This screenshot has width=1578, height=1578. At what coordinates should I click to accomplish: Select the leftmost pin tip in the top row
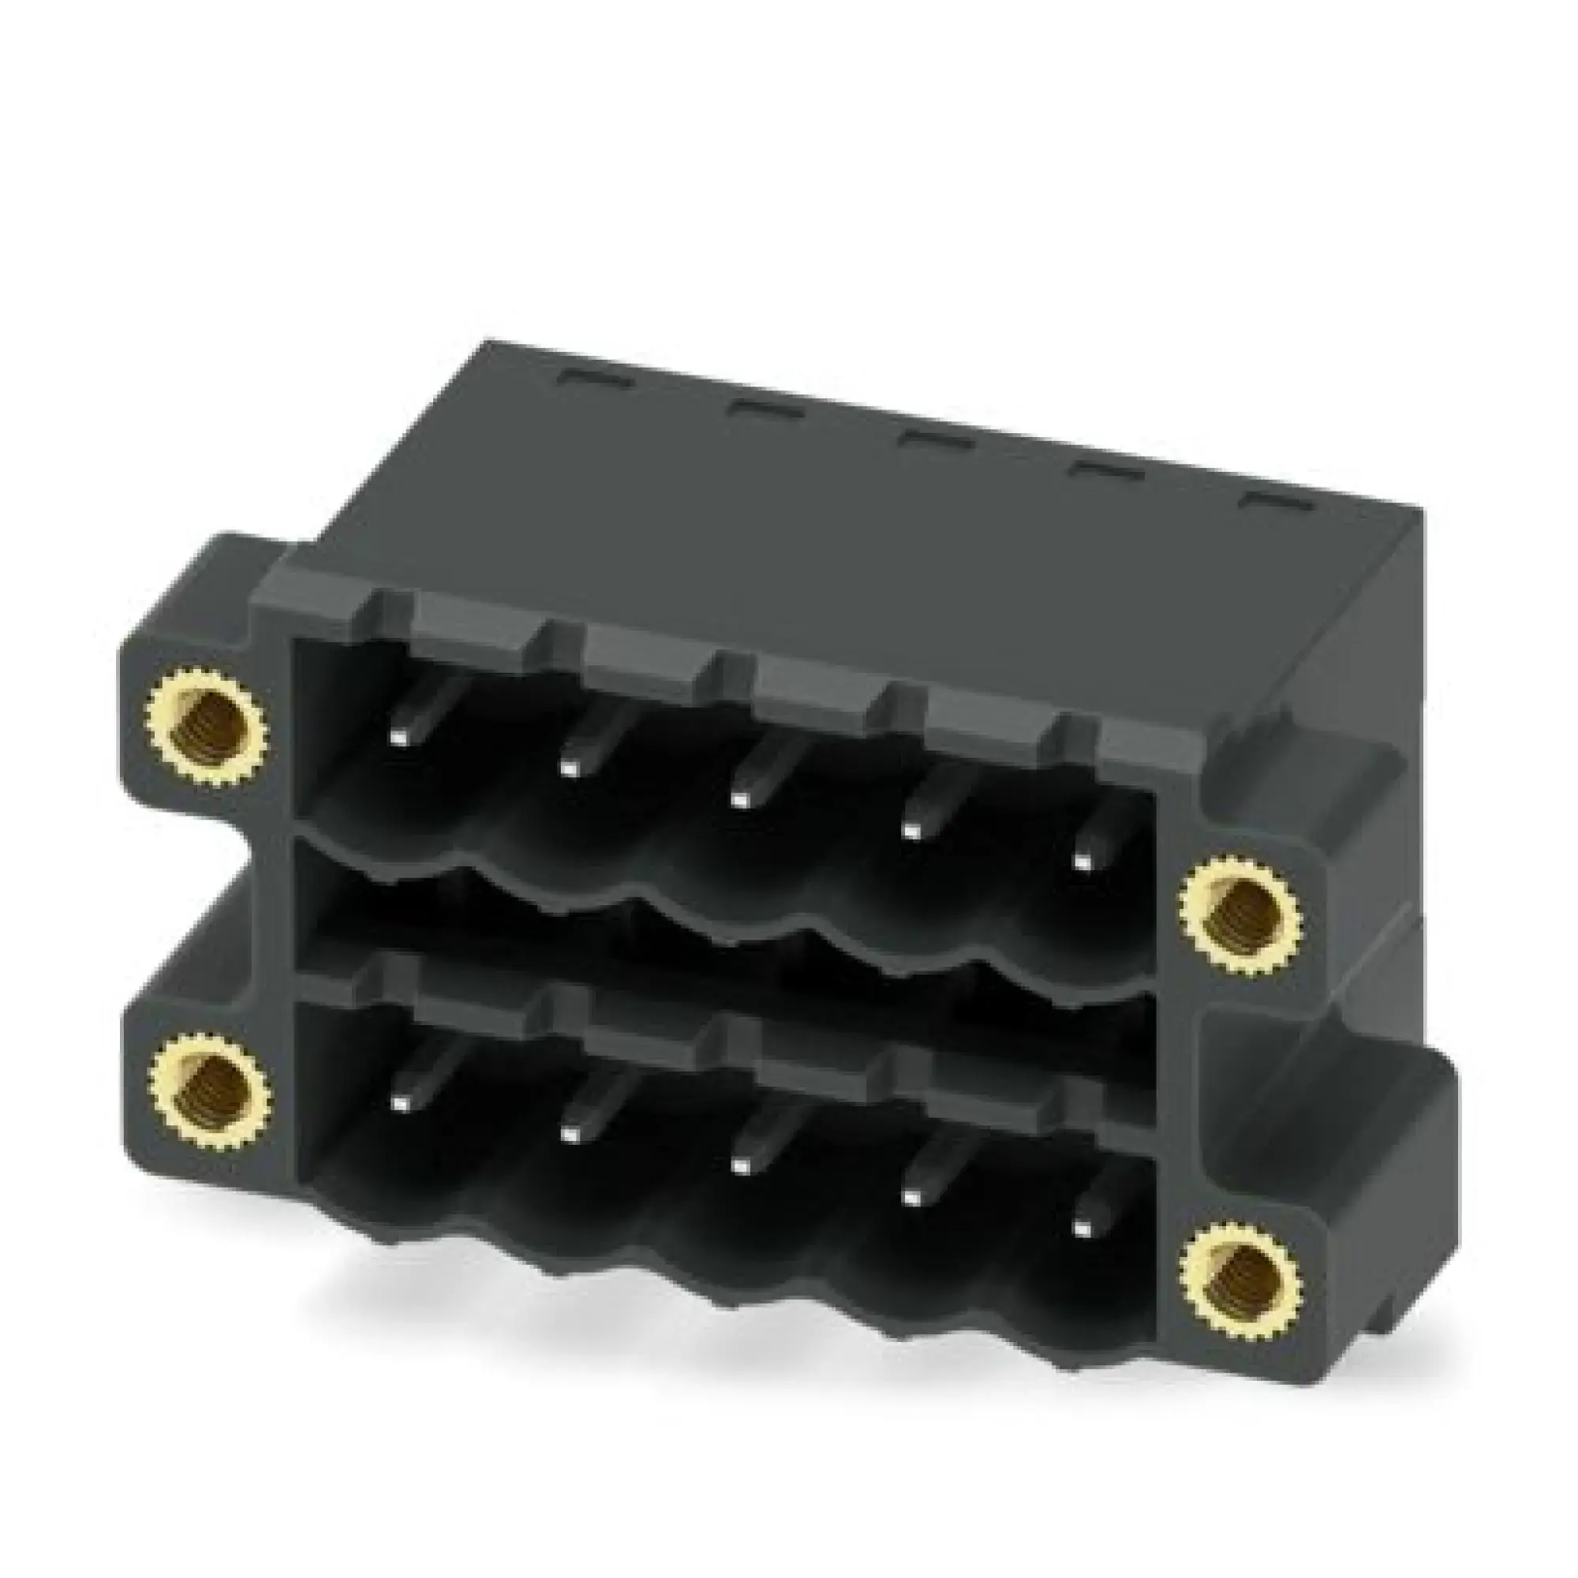pyautogui.click(x=398, y=738)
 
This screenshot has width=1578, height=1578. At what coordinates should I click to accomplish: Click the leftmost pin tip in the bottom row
pyautogui.click(x=400, y=1103)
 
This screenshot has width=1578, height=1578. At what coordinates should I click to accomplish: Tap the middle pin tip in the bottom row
pyautogui.click(x=740, y=1163)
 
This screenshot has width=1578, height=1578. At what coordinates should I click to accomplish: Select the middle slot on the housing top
pyautogui.click(x=934, y=440)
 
